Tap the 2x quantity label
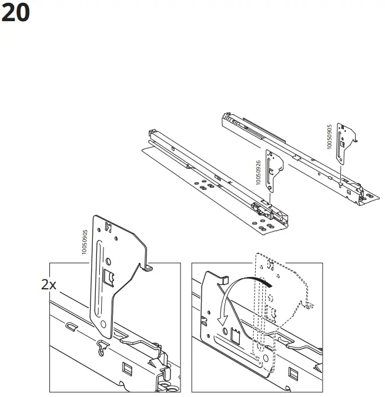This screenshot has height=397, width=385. (49, 285)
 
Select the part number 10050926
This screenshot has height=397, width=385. (258, 173)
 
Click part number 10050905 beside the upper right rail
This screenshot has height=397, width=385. (329, 136)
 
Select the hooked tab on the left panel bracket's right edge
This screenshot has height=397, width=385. (148, 267)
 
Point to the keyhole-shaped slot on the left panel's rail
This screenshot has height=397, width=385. (103, 351)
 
